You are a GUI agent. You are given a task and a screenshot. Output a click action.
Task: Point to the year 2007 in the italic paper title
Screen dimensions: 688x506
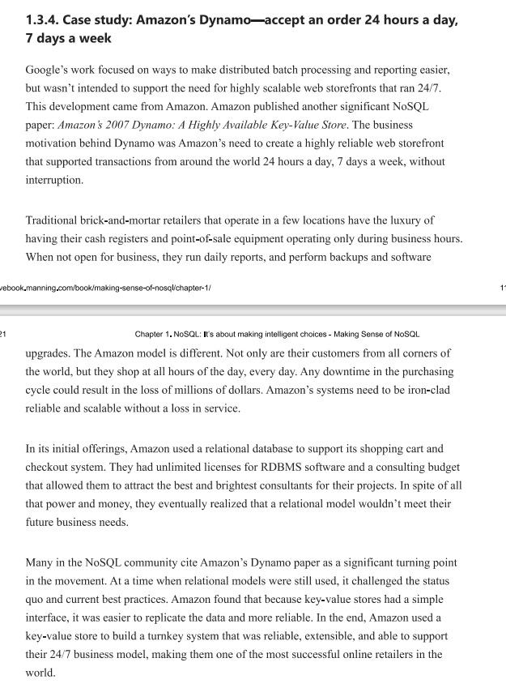point(143,126)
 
